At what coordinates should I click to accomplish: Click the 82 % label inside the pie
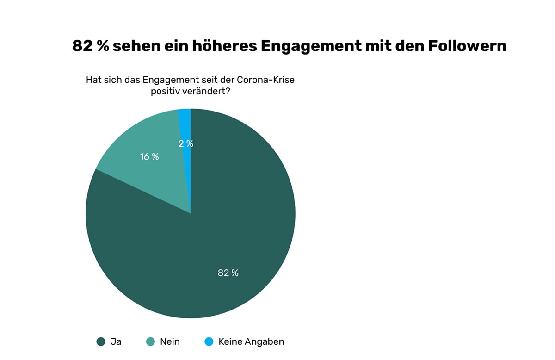[x=228, y=273]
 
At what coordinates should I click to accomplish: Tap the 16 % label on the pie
[x=149, y=157]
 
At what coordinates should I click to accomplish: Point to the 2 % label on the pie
[x=186, y=144]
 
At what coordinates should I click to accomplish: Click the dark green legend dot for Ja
[x=101, y=342]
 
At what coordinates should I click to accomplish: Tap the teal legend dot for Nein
[x=150, y=342]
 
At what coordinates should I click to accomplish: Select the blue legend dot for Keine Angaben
[x=209, y=342]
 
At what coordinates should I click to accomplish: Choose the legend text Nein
[x=170, y=342]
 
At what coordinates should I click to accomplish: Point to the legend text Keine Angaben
[x=251, y=342]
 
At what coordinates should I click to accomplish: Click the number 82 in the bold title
[x=82, y=46]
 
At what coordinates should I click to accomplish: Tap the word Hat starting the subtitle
[x=93, y=80]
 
